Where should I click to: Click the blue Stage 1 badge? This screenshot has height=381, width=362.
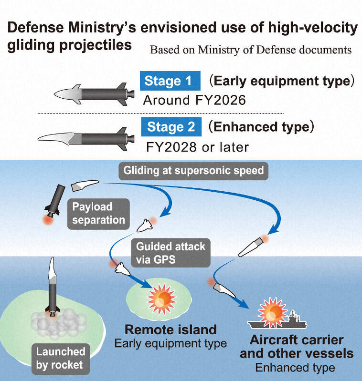[170, 81]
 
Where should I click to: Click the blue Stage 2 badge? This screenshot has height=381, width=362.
[171, 126]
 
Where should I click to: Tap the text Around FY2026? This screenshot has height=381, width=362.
[194, 100]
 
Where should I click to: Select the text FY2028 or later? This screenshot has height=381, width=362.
[197, 147]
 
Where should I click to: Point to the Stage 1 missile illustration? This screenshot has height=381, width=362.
[95, 94]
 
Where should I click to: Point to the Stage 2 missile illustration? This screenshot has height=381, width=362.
[86, 139]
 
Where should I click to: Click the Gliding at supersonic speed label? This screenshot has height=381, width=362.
[193, 171]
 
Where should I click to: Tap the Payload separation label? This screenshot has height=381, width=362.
[98, 214]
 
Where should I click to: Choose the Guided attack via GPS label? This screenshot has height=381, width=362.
[171, 253]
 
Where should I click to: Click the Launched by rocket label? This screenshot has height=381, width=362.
[61, 359]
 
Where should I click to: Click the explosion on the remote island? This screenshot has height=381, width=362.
[161, 299]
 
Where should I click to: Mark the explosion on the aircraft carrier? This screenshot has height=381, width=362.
[272, 312]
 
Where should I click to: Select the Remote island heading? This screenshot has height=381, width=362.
[170, 330]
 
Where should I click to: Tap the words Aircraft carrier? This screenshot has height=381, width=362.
[297, 340]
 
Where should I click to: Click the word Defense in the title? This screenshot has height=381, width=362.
[35, 28]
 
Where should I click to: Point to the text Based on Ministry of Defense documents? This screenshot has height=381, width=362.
[251, 50]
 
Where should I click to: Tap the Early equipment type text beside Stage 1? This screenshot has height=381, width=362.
[282, 81]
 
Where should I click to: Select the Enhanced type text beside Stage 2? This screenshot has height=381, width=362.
[262, 126]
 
